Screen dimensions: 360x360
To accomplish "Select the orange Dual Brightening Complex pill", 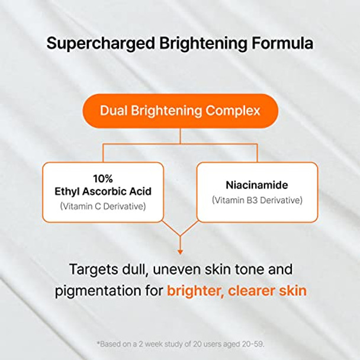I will [x=180, y=111].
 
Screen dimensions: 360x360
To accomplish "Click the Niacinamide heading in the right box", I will [x=257, y=184].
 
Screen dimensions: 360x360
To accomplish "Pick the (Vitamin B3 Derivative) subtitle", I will [x=257, y=200].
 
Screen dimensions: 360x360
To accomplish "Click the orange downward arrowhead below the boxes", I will [x=180, y=252].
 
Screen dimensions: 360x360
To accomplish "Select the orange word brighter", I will [x=193, y=291].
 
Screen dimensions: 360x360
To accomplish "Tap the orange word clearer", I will [x=250, y=291].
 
